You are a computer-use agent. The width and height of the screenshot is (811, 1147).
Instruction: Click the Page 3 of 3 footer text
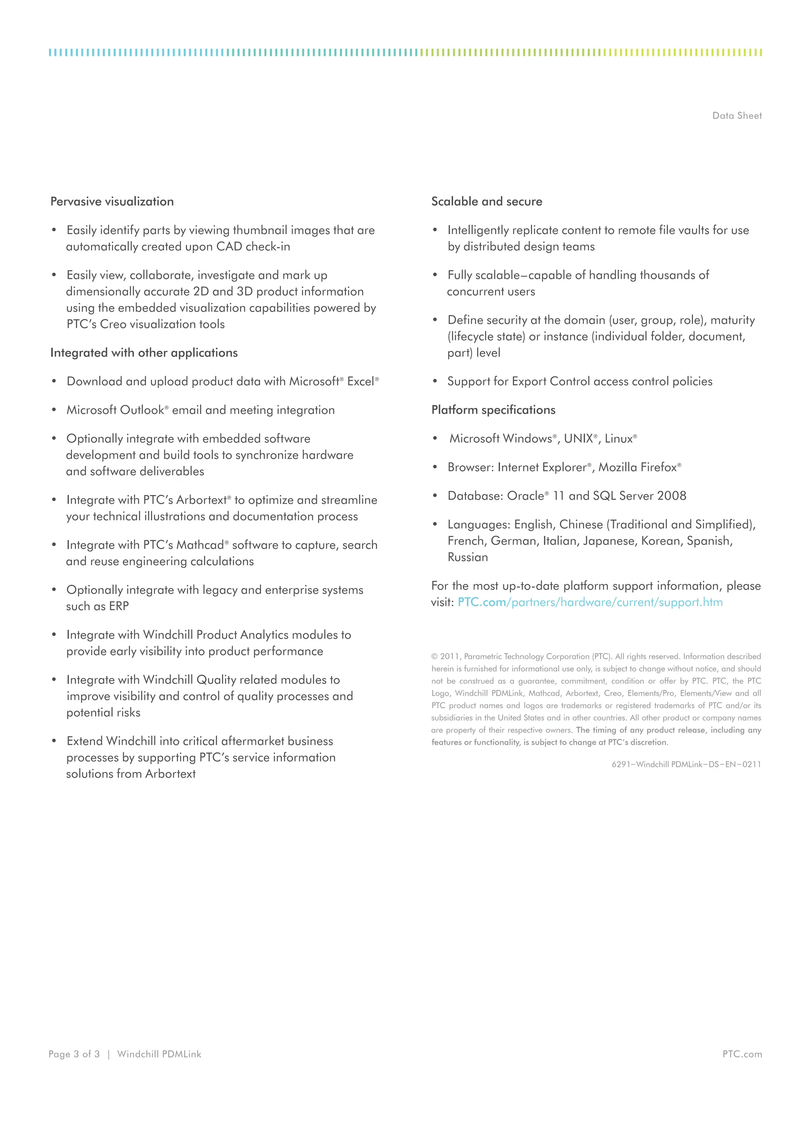74,1054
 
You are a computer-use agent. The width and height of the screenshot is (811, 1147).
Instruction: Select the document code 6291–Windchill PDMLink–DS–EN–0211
686,764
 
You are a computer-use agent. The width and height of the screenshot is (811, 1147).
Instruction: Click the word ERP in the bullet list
119,606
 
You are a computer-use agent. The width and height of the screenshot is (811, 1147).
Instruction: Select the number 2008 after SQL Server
671,495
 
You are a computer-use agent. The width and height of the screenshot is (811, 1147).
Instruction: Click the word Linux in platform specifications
618,438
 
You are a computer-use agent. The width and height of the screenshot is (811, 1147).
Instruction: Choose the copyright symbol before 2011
434,656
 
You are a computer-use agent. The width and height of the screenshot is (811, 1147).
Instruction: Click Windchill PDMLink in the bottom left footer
159,1054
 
